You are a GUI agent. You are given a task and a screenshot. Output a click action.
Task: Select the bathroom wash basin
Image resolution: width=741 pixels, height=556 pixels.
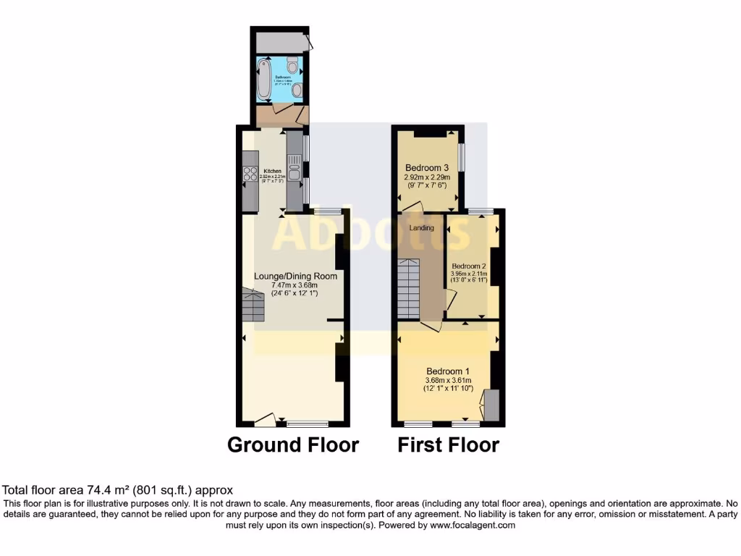point(297,90)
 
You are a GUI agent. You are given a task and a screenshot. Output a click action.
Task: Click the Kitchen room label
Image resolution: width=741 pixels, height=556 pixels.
point(271,172)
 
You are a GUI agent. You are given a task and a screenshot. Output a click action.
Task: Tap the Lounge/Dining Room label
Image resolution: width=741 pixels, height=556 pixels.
point(295,276)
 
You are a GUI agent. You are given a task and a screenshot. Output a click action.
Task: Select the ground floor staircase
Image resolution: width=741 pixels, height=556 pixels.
point(253,306)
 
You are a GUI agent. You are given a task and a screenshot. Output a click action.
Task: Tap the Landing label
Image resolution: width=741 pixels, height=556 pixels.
point(422,228)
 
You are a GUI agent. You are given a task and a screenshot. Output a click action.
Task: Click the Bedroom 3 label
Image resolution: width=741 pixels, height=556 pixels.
point(427,167)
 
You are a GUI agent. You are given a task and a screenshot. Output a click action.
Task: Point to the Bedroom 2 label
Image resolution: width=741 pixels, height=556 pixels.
point(468,266)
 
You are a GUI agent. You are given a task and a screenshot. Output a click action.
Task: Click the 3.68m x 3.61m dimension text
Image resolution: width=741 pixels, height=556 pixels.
point(448,379)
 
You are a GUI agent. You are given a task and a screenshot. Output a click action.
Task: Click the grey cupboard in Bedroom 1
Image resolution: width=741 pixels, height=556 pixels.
point(491,405)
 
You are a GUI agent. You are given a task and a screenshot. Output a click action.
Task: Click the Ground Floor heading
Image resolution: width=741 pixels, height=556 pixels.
point(293,445)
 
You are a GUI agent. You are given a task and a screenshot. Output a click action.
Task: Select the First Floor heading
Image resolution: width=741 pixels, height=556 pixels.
point(448,445)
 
